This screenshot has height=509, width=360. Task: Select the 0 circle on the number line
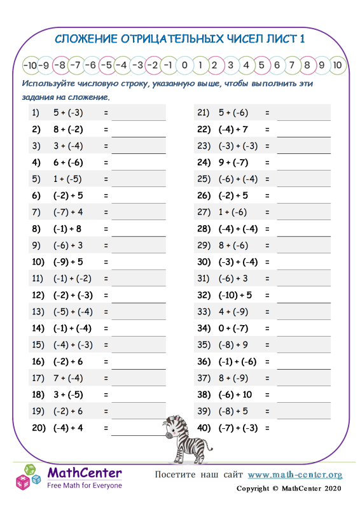pos(184,65)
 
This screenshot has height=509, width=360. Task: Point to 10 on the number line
pos(338,65)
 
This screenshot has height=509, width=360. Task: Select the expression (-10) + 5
pos(235,295)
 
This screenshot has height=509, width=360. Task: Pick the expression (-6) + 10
pos(235,394)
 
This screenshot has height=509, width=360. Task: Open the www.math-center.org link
pos(294,475)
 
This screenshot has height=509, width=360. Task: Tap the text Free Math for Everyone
pos(85,485)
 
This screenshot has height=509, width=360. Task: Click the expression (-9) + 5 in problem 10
pos(68,262)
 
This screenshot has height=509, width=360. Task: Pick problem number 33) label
pos(204,312)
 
